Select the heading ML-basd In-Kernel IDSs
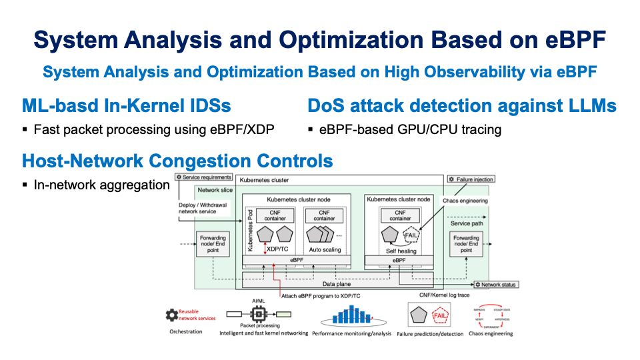click(127, 106)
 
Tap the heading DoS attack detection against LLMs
click(461, 106)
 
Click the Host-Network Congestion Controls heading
click(177, 161)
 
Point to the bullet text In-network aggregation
click(101, 185)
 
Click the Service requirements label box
click(204, 177)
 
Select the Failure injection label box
click(471, 179)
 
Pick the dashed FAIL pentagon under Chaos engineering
click(412, 235)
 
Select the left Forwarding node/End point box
click(213, 244)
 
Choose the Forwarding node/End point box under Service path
click(466, 244)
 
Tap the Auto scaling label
click(325, 250)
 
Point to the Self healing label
click(401, 251)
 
